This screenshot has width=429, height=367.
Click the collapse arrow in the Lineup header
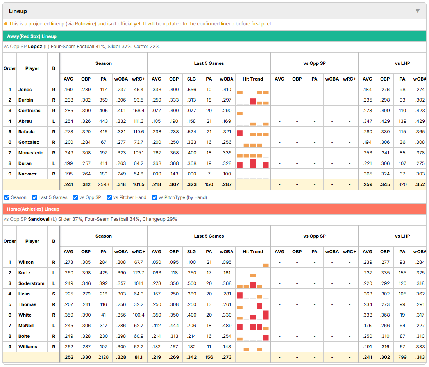(x=418, y=11)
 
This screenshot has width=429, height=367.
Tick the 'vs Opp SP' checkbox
(x=75, y=198)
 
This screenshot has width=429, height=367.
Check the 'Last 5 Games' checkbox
(x=34, y=198)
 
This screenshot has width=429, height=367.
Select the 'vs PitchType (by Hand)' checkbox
(x=155, y=198)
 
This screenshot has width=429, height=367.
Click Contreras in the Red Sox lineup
(x=29, y=111)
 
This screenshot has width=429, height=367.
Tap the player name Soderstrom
(x=31, y=283)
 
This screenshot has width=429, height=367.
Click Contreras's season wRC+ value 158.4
(x=138, y=111)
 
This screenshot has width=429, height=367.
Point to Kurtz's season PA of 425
(x=104, y=273)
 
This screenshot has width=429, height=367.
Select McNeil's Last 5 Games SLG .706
(x=191, y=326)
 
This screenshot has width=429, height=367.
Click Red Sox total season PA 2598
(x=104, y=184)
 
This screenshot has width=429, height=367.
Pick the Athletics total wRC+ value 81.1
(x=138, y=357)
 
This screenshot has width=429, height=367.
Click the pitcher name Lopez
(x=35, y=47)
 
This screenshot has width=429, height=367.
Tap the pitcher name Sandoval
(x=39, y=219)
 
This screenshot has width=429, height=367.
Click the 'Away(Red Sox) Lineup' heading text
(x=32, y=36)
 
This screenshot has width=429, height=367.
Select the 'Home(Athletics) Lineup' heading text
(x=33, y=209)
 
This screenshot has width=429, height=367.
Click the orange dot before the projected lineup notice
(x=6, y=24)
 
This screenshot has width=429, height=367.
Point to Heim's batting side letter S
(x=54, y=294)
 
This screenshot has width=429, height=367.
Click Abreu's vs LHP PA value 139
(x=402, y=121)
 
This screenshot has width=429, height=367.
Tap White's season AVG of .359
(x=68, y=315)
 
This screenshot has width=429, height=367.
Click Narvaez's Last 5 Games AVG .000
(x=157, y=174)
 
